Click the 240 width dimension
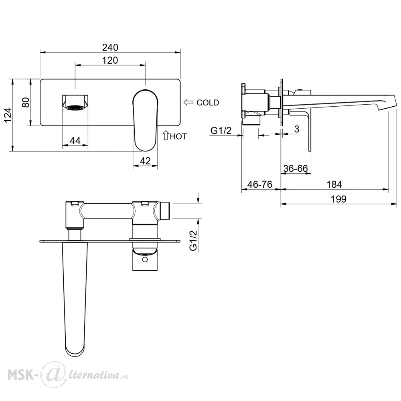[110, 47]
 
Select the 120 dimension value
[110, 61]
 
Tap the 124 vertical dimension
[8, 115]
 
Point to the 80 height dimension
[26, 102]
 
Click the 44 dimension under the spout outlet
[75, 140]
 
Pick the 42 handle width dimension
[145, 161]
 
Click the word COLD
[208, 103]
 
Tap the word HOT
[178, 137]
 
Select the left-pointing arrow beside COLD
[188, 103]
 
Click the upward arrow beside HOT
[166, 135]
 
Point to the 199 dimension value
[338, 199]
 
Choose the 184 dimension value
[334, 184]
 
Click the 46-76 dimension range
[260, 184]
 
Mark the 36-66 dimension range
[296, 168]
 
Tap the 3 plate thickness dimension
[297, 129]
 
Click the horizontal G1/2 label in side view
[221, 131]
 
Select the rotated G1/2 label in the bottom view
[193, 240]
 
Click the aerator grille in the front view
[75, 107]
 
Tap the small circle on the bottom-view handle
[145, 260]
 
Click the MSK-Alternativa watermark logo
[68, 375]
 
